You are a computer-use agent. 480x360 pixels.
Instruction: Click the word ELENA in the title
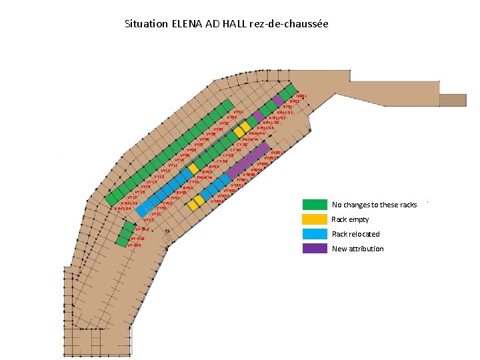(190, 24)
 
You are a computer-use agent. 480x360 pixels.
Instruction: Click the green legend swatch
(315, 205)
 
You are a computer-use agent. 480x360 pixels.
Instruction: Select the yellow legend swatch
(315, 219)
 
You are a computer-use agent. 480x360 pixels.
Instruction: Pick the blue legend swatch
(315, 234)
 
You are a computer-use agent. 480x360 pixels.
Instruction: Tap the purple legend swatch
(315, 249)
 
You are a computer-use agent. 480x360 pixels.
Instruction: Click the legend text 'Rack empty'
(350, 219)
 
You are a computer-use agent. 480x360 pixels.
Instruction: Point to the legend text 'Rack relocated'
(355, 234)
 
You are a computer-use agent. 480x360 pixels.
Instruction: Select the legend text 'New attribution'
(357, 249)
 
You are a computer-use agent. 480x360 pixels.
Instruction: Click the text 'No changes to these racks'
(374, 205)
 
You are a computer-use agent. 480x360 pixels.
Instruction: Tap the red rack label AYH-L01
(285, 112)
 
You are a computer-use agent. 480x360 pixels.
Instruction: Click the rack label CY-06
(222, 161)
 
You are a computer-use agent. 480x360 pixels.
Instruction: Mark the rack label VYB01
(277, 153)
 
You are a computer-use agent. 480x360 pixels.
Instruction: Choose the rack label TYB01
(243, 180)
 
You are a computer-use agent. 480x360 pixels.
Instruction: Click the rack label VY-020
(134, 245)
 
